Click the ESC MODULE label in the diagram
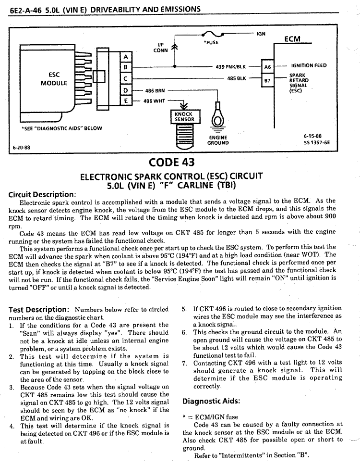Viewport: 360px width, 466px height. point(54,79)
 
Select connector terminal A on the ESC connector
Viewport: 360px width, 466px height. point(126,57)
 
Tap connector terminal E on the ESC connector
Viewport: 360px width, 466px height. point(126,101)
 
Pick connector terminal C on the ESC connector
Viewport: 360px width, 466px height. point(126,79)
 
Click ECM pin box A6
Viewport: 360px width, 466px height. point(267,67)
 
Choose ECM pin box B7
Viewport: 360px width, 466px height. point(267,80)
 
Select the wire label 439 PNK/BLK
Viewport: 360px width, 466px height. point(230,67)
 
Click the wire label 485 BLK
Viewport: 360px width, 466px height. point(236,78)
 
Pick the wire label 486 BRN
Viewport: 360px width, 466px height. point(155,90)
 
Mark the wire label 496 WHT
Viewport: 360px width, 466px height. point(154,101)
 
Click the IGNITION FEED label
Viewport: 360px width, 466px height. point(309,65)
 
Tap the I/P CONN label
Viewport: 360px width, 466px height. point(160,48)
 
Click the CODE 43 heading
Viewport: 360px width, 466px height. point(171,162)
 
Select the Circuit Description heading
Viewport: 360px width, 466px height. point(42,195)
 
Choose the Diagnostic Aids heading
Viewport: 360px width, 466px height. point(211,401)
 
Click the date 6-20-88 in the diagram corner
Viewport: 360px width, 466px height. point(21,148)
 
